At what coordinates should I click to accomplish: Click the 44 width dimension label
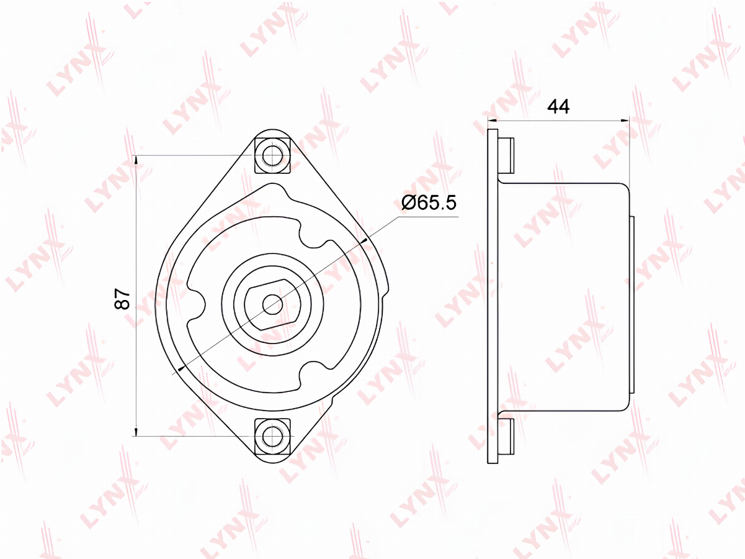[558, 107]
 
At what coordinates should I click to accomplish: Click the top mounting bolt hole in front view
[272, 155]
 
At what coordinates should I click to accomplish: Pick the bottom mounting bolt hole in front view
[272, 436]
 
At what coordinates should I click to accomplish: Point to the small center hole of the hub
[272, 304]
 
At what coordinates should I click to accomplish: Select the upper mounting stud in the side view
[507, 155]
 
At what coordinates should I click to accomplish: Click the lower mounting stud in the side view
[507, 437]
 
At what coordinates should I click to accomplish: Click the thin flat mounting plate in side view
[493, 296]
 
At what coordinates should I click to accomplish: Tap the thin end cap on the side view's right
[632, 304]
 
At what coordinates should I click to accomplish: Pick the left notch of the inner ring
[197, 304]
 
